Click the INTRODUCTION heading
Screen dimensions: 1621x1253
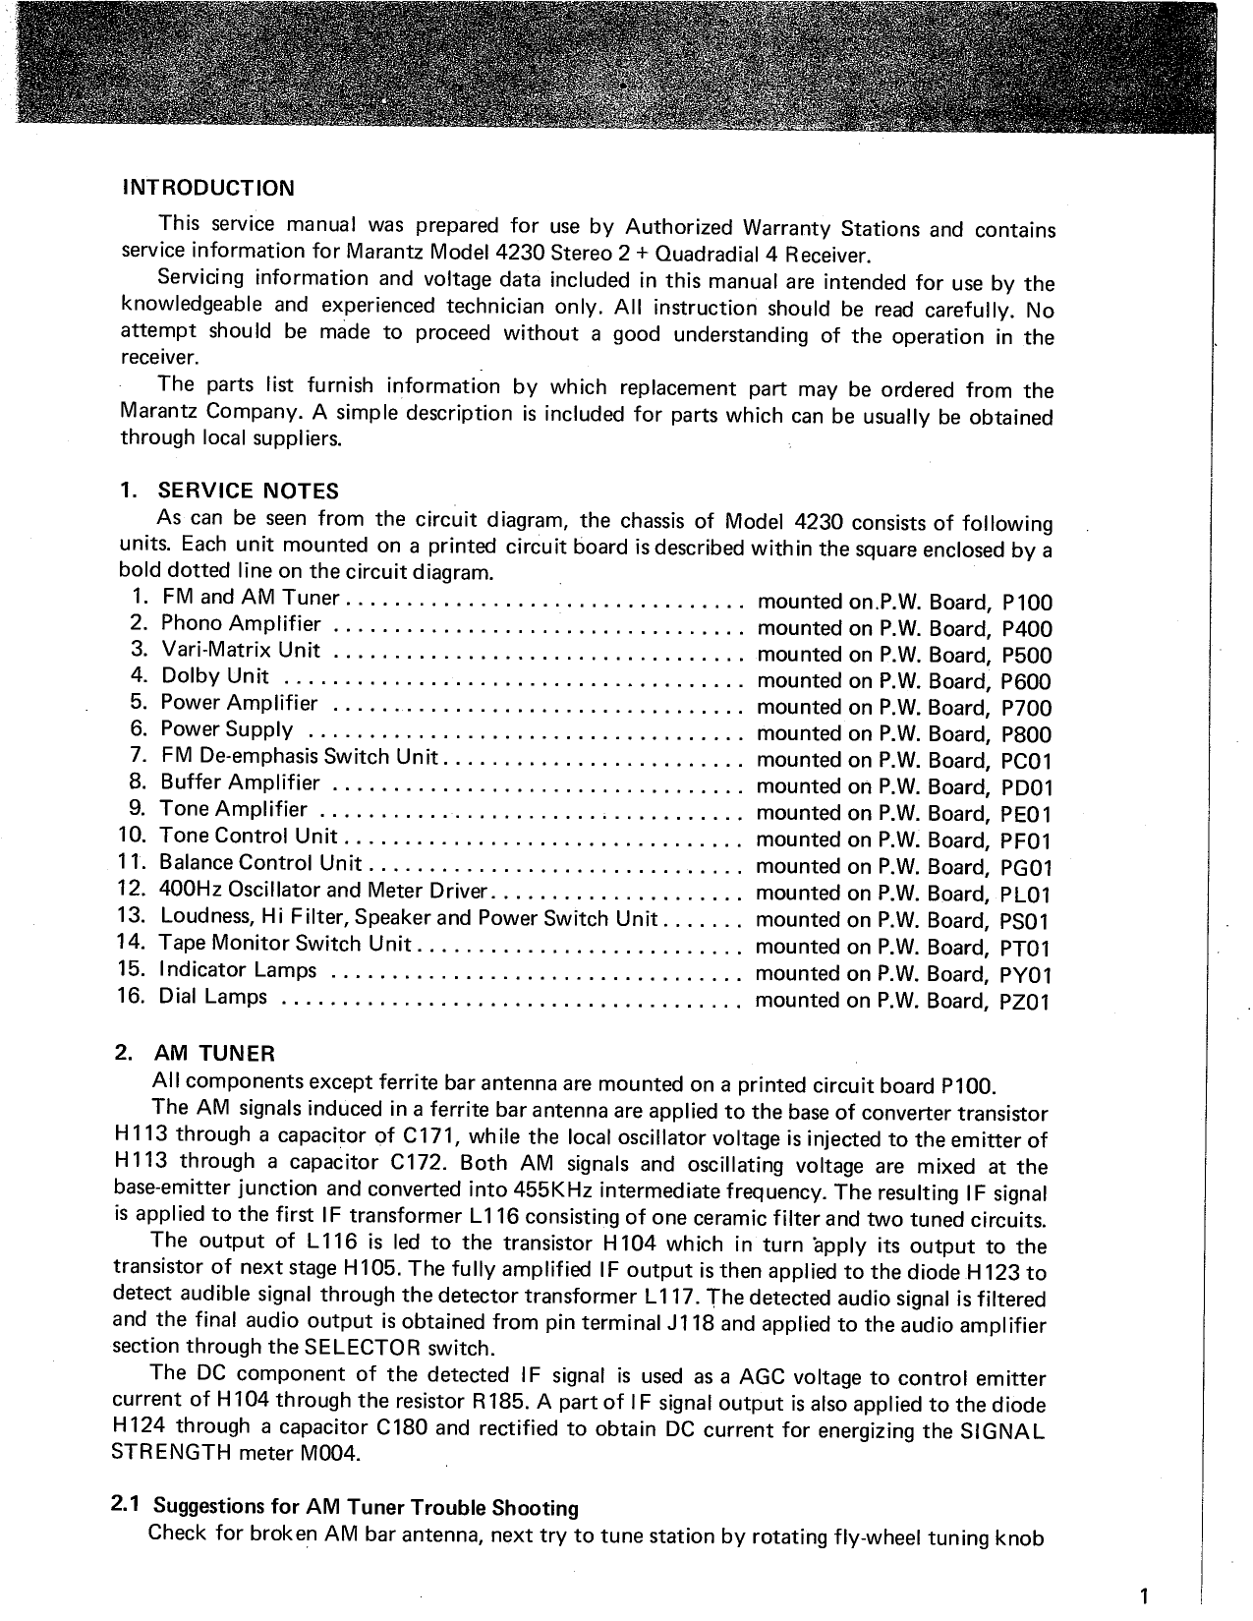(x=207, y=188)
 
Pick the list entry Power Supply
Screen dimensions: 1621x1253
(x=226, y=729)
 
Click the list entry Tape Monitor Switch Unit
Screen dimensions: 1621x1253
(x=284, y=944)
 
